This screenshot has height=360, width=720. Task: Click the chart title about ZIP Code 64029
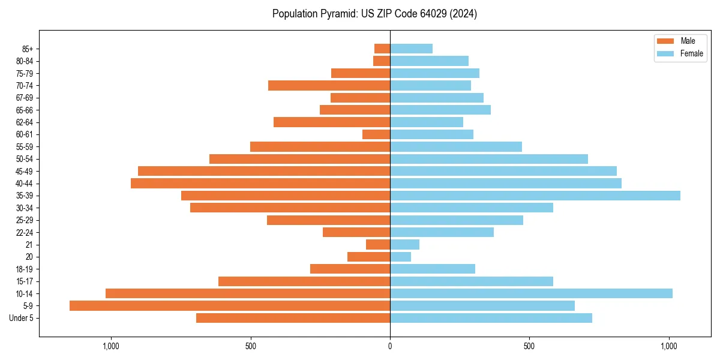pyautogui.click(x=374, y=14)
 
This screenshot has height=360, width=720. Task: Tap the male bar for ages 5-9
pyautogui.click(x=230, y=306)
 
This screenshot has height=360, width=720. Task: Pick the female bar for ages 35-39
pyautogui.click(x=535, y=196)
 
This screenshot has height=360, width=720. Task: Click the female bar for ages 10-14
pyautogui.click(x=531, y=293)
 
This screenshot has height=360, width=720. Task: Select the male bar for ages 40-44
pyautogui.click(x=260, y=183)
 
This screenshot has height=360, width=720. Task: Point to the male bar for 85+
pyautogui.click(x=382, y=49)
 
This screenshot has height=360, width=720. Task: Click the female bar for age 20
pyautogui.click(x=401, y=257)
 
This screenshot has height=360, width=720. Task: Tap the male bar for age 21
pyautogui.click(x=378, y=245)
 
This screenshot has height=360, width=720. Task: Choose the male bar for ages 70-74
pyautogui.click(x=329, y=85)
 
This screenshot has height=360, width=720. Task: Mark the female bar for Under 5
pyautogui.click(x=491, y=318)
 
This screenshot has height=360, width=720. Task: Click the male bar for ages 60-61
pyautogui.click(x=376, y=134)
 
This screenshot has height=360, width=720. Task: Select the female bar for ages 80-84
pyautogui.click(x=429, y=61)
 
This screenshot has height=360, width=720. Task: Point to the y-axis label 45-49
pyautogui.click(x=25, y=171)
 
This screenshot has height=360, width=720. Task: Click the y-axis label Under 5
pyautogui.click(x=22, y=318)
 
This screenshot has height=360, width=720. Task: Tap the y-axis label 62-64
pyautogui.click(x=25, y=122)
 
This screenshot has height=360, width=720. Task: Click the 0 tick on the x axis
pyautogui.click(x=390, y=346)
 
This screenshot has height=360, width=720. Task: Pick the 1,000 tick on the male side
pyautogui.click(x=111, y=346)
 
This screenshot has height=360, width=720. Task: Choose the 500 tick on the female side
pyautogui.click(x=529, y=346)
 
